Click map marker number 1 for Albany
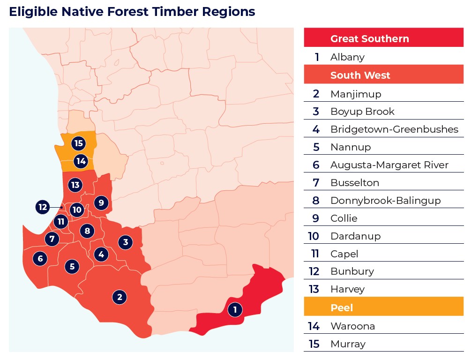(x=235, y=309)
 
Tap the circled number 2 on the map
(x=120, y=297)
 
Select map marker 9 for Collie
(x=101, y=202)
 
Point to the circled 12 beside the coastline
(x=43, y=207)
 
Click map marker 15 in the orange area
(x=78, y=143)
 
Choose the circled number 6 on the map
(x=40, y=258)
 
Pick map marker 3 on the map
(x=125, y=242)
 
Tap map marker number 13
(x=75, y=185)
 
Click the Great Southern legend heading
(x=369, y=39)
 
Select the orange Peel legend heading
(x=342, y=308)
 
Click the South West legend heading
(x=360, y=75)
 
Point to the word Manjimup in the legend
(x=356, y=94)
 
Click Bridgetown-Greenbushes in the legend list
(x=394, y=129)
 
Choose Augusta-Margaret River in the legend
(x=389, y=165)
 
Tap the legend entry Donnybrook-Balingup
(x=385, y=201)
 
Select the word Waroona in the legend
(x=352, y=326)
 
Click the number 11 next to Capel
(x=315, y=254)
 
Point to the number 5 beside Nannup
(x=316, y=147)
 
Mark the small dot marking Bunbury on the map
(x=61, y=207)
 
